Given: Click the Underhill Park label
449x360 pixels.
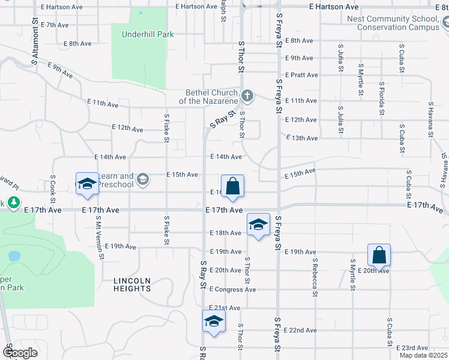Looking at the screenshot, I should [x=148, y=34].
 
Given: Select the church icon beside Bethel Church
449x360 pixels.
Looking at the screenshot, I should [x=247, y=96].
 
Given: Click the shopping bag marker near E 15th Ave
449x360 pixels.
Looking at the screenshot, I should [x=232, y=187].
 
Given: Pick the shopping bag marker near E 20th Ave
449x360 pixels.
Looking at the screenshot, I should [x=379, y=256].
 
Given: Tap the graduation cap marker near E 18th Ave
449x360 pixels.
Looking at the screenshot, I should [x=258, y=226].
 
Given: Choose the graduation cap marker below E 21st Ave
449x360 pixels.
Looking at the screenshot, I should [x=214, y=321].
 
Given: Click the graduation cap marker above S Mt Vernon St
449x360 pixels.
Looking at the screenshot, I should [x=86, y=185].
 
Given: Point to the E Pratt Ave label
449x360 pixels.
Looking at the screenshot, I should [x=302, y=75].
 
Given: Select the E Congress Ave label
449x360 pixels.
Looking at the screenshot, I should [x=232, y=289].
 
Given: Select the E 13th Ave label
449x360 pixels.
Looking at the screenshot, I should [x=302, y=138].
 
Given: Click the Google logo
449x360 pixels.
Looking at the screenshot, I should [x=20, y=353].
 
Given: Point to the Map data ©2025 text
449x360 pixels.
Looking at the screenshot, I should [x=423, y=355].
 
